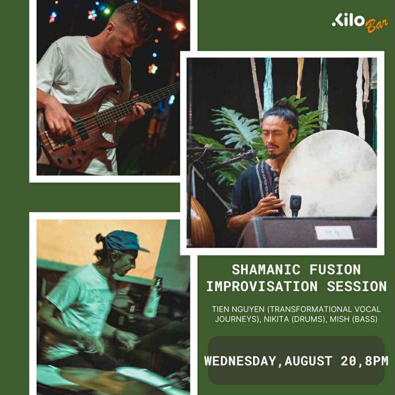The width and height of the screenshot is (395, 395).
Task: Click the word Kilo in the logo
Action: (348, 20)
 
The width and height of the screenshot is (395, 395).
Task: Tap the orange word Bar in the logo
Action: (376, 25)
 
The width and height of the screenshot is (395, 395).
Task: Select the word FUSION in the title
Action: (335, 269)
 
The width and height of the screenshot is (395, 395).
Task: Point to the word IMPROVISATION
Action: (262, 286)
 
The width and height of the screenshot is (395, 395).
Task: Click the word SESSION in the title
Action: (357, 286)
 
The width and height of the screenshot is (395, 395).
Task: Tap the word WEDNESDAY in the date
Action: (240, 361)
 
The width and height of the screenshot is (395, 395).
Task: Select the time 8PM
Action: (376, 361)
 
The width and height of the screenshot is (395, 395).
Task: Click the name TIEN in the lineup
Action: (221, 309)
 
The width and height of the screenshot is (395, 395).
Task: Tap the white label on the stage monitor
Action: (334, 233)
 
